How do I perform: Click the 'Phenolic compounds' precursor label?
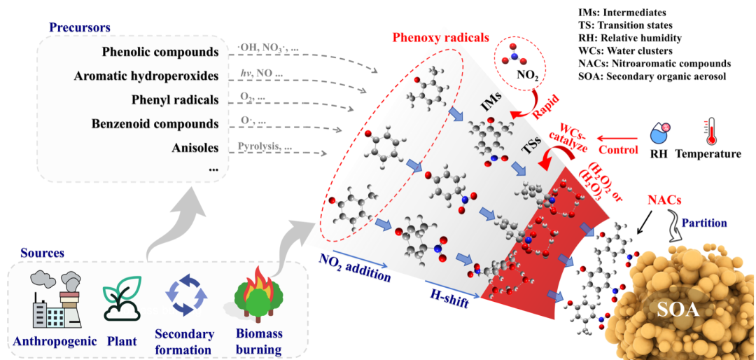pos(160,52)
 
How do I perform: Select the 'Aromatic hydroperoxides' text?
pos(146,76)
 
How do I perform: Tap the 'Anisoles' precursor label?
pos(195,148)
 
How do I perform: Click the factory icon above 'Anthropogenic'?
pos(55,298)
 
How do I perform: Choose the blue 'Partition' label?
pos(703,223)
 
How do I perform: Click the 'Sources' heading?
pos(42,253)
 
